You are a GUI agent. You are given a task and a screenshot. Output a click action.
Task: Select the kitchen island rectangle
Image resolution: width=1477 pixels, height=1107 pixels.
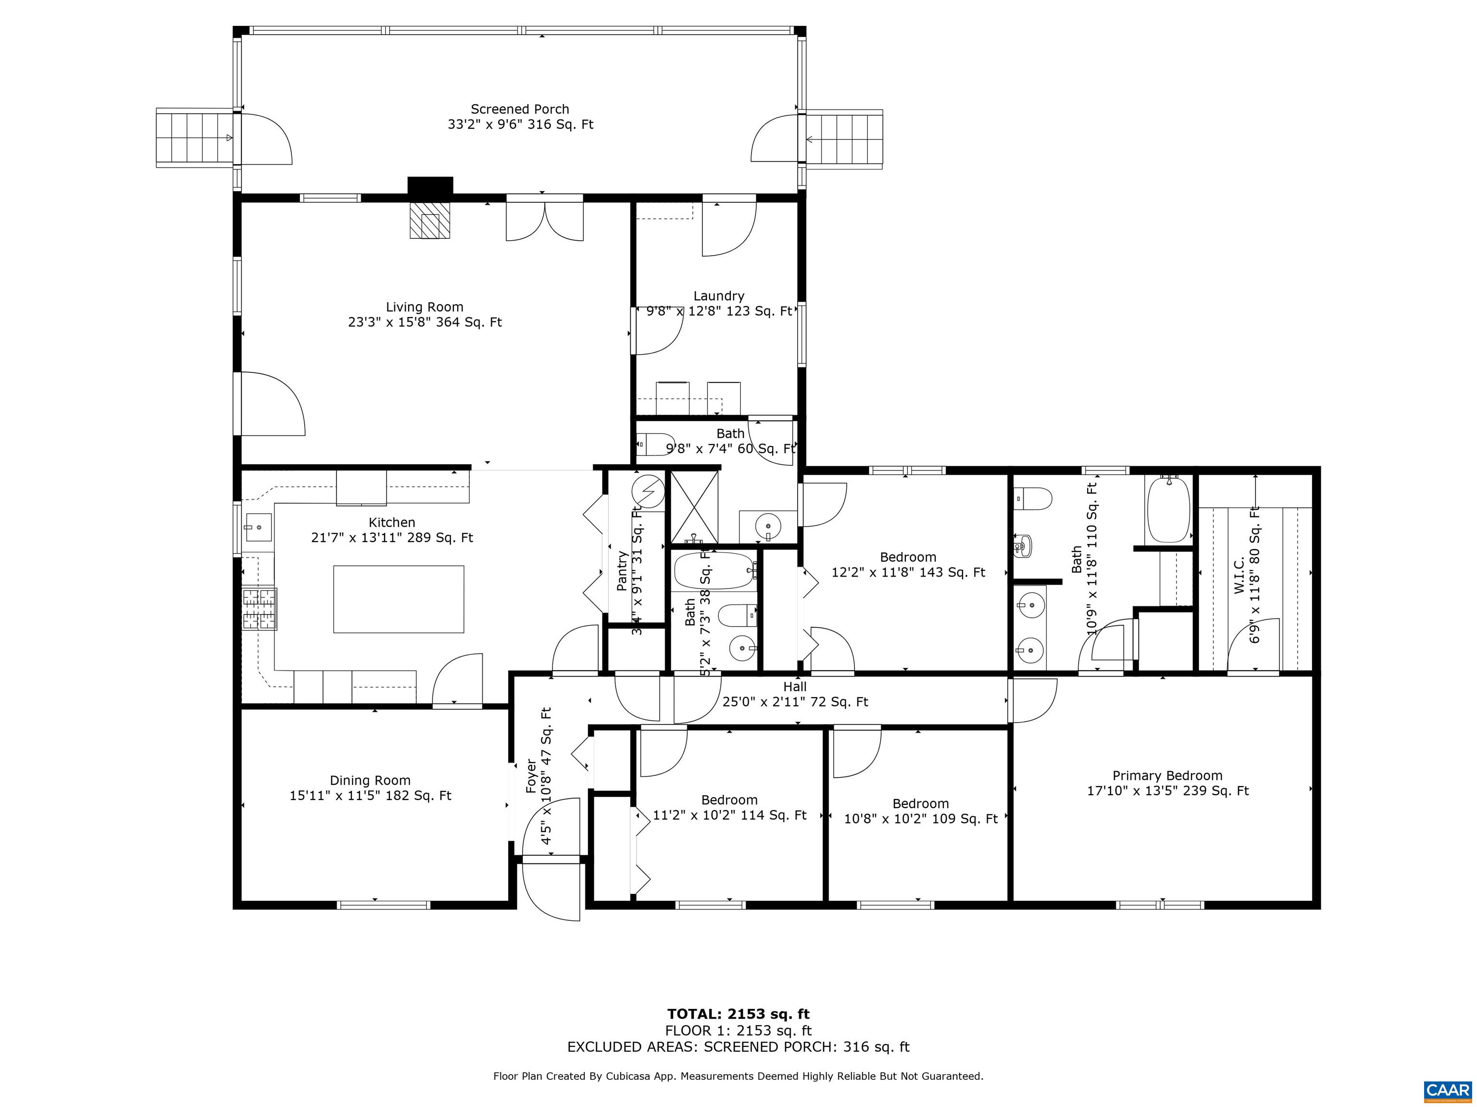coord(399,599)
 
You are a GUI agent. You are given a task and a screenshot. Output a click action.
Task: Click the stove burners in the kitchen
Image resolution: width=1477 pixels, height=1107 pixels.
coord(259,609)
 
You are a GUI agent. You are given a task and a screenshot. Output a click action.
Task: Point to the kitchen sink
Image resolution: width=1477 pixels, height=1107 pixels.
coord(258,527)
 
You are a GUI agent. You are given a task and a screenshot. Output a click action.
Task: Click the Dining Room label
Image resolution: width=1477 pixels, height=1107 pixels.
coord(370,780)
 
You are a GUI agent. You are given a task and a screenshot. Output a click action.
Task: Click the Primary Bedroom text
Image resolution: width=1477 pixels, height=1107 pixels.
coord(1167,775)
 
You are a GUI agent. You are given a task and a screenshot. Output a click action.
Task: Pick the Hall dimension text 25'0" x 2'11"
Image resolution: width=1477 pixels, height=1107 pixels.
coord(795,701)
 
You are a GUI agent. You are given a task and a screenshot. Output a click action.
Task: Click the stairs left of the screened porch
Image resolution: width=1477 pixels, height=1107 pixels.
coord(194,138)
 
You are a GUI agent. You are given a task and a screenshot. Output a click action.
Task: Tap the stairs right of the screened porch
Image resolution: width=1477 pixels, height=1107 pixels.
coord(845,139)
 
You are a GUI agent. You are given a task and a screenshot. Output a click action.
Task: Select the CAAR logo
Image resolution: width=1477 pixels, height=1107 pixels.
coord(1447,1090)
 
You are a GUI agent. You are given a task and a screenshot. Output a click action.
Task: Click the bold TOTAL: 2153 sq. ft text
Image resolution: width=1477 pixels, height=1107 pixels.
coord(738,1014)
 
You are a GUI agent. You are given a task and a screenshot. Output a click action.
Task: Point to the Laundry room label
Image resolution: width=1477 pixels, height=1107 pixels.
coord(718,295)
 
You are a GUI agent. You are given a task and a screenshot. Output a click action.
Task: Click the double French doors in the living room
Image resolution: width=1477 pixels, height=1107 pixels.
coord(545,219)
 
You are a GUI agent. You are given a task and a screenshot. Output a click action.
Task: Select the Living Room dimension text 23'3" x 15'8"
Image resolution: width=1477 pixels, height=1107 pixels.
coord(425,322)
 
